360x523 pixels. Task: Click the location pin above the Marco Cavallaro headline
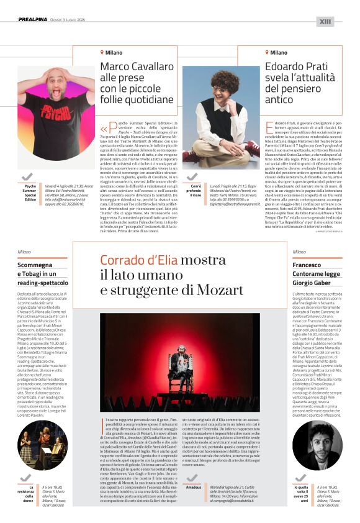103,53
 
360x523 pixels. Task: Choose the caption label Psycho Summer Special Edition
30,191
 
